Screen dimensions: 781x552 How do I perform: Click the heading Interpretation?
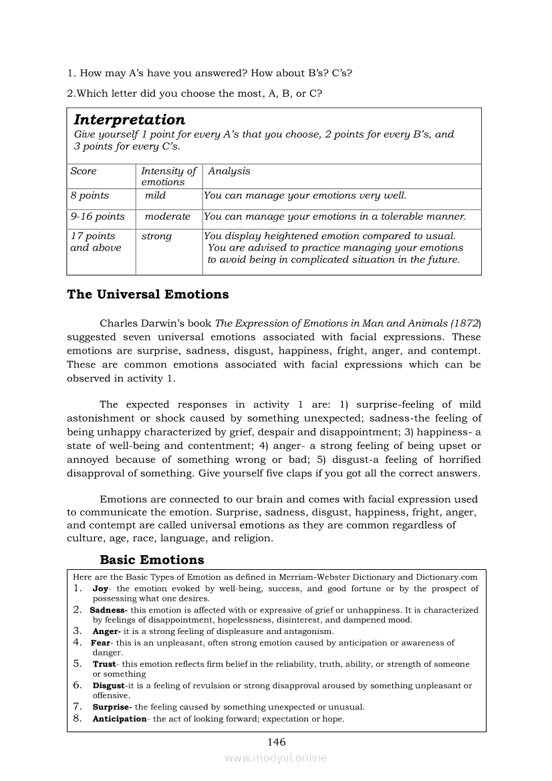coord(129,120)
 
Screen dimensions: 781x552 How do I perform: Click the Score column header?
coord(84,171)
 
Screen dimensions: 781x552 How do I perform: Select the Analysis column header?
coord(229,171)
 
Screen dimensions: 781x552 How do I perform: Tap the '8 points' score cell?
coord(90,196)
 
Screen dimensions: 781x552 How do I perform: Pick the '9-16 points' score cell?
coord(98,216)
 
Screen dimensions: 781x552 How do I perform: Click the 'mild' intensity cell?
coord(155,196)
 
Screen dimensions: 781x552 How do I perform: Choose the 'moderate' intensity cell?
coord(168,216)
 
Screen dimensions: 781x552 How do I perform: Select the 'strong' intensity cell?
coord(156,236)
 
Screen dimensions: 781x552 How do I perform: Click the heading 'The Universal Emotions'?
coord(148,294)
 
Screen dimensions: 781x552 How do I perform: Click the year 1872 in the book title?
coord(465,323)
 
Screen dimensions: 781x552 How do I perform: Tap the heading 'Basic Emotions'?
coord(152,560)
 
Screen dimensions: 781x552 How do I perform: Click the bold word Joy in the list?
coord(100,589)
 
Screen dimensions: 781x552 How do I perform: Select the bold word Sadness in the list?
coord(108,610)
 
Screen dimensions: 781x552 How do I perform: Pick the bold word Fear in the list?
coord(100,643)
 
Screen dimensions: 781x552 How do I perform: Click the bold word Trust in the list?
coord(104,664)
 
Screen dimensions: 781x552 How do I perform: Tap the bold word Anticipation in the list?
coord(120,719)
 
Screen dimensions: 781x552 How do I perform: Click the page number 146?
coord(276,742)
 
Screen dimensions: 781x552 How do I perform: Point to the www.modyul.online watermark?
coord(276,758)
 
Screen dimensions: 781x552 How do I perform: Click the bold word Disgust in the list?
coord(108,685)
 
